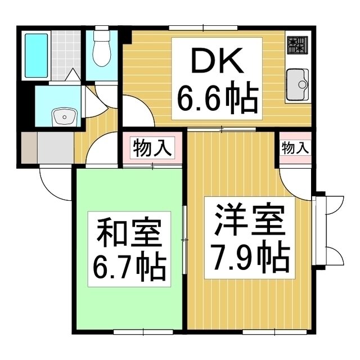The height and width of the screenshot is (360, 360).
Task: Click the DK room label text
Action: (217, 60)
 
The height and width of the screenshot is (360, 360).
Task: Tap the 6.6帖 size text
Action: (217, 97)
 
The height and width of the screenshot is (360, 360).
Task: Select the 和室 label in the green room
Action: (129, 233)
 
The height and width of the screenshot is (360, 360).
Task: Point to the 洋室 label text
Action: (250, 219)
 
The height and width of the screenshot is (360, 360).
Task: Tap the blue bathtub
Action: (36, 56)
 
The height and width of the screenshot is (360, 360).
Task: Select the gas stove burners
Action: (298, 46)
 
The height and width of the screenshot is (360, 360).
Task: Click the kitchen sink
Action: (298, 84)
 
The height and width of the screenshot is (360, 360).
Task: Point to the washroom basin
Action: (65, 116)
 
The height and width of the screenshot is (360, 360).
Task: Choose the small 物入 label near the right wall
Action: (295, 148)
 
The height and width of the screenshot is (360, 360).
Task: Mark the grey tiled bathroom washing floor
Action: (66, 55)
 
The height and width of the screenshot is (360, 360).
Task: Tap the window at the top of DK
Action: (204, 28)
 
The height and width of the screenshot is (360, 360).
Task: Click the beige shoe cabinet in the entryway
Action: (29, 147)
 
